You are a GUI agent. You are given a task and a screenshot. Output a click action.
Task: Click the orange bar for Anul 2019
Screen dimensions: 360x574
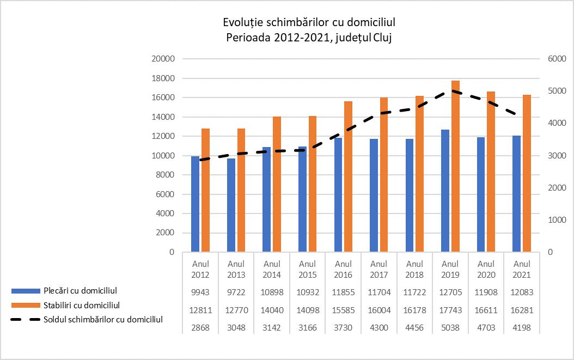pyautogui.click(x=456, y=166)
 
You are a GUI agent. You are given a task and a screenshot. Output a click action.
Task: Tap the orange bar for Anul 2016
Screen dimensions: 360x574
pyautogui.click(x=348, y=176)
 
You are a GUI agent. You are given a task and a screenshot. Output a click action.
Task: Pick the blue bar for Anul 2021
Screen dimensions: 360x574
pyautogui.click(x=516, y=194)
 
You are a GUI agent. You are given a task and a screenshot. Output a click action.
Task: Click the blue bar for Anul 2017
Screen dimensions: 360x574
pyautogui.click(x=374, y=196)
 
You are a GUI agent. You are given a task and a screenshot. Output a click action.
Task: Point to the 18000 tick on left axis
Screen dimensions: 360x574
pyautogui.click(x=163, y=78)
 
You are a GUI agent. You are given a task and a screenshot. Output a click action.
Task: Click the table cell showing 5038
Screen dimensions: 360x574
pyautogui.click(x=450, y=328)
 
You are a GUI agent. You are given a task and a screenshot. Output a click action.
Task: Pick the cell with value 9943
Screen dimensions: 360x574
pyautogui.click(x=200, y=292)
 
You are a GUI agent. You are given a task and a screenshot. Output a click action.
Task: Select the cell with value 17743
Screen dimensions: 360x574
pyautogui.click(x=450, y=310)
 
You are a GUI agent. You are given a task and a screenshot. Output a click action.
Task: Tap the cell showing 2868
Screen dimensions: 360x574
pyautogui.click(x=200, y=328)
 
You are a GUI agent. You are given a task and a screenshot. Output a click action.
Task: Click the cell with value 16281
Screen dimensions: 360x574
pyautogui.click(x=522, y=310)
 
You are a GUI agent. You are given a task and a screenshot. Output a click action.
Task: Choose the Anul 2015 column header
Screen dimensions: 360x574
pyautogui.click(x=308, y=270)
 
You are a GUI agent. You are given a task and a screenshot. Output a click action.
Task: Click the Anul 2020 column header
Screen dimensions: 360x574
pyautogui.click(x=486, y=270)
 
